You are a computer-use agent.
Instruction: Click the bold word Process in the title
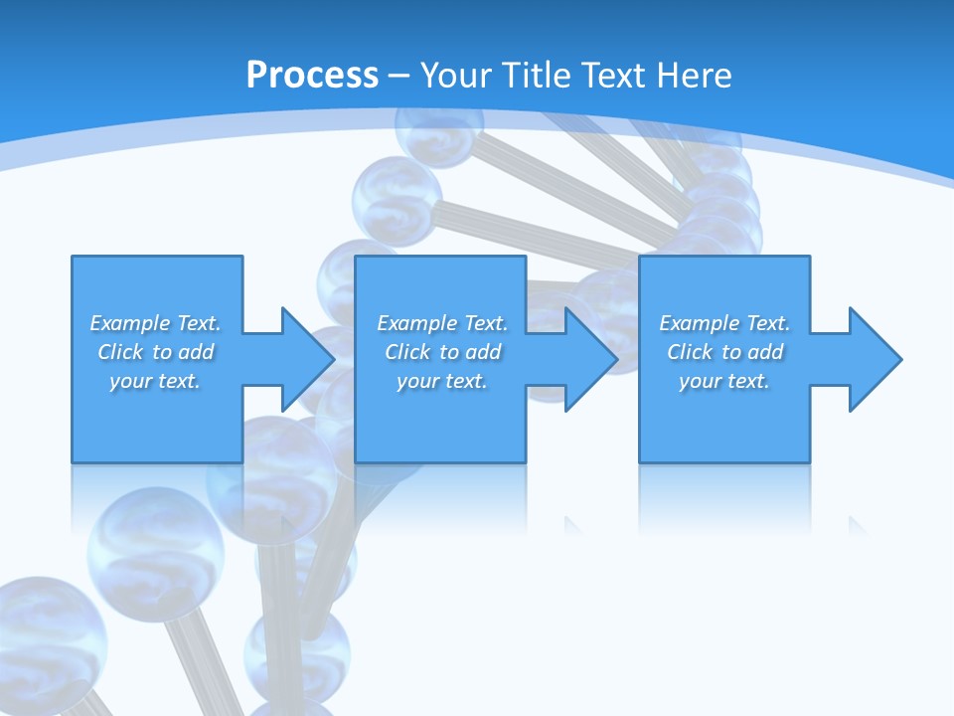tap(312, 76)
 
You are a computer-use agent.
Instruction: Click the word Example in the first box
tap(130, 323)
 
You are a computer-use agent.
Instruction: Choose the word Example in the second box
tap(417, 323)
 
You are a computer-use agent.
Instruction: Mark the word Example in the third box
tap(700, 323)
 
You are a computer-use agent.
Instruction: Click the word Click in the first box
tap(120, 352)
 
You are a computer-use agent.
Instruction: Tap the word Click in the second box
tap(407, 352)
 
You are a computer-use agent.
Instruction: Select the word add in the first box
tap(196, 352)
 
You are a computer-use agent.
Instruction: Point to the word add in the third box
tap(765, 352)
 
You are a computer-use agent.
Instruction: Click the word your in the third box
tap(700, 381)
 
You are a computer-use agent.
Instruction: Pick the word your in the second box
tap(417, 381)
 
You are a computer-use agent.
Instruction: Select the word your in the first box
tap(130, 381)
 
